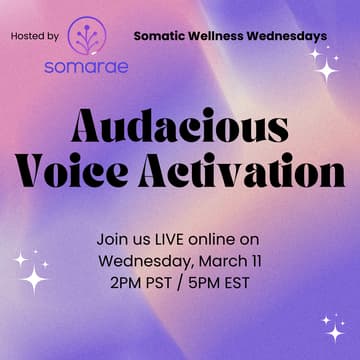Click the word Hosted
click(x=27, y=37)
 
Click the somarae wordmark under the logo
click(x=85, y=69)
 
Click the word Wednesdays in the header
click(x=290, y=36)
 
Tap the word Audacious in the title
click(x=180, y=128)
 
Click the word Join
click(x=114, y=240)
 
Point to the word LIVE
click(x=169, y=240)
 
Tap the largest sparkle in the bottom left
click(x=35, y=277)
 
